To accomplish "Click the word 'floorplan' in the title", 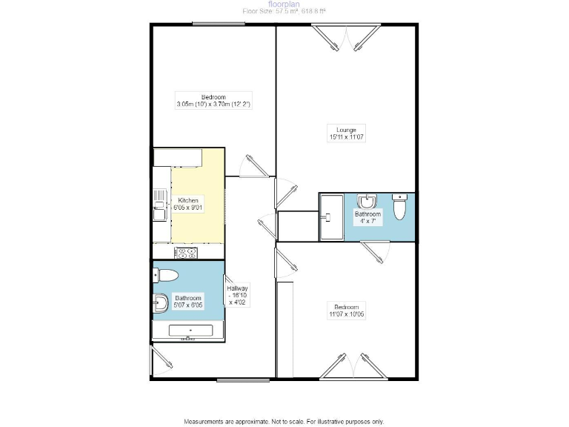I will pos(284,4).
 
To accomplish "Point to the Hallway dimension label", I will pos(238,295).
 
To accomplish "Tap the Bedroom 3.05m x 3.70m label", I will pos(213,101).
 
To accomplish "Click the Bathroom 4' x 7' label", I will pos(367,217).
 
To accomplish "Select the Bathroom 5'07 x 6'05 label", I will pos(188,302).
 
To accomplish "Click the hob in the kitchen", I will pos(186,253).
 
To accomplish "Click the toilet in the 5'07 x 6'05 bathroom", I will pos(166,277).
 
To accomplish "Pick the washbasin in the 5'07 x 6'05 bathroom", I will pos(159,302).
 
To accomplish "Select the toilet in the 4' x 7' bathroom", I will pos(400,208).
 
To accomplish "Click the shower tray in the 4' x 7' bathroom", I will pos(331,216).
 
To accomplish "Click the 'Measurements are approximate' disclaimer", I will pos(284,420).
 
